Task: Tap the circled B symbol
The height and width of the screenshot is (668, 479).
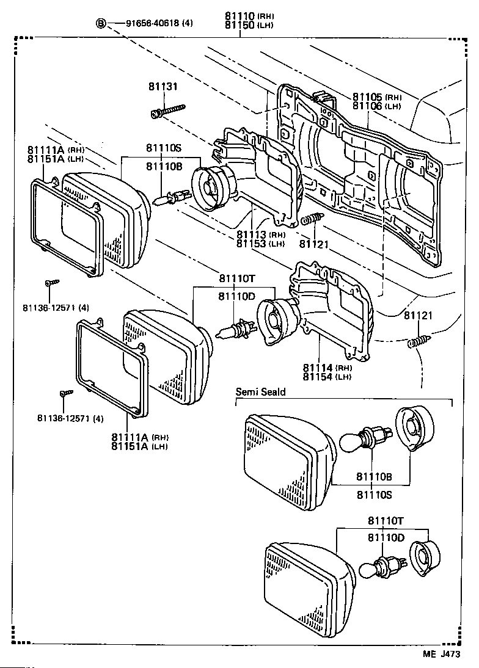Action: coord(101,24)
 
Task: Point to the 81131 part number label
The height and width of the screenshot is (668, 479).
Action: coord(162,87)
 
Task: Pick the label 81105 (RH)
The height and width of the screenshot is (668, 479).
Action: coord(376,97)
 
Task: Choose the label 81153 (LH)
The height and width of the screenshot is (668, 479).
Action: coord(260,244)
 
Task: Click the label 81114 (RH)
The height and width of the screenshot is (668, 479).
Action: coord(327,368)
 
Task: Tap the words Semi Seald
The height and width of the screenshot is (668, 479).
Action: coord(261,392)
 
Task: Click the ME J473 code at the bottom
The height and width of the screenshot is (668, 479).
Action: coord(441,653)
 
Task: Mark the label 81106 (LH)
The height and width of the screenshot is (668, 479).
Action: coord(376,106)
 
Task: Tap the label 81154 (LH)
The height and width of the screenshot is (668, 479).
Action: coord(327,377)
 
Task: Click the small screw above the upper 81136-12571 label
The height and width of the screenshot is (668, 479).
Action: coord(51,283)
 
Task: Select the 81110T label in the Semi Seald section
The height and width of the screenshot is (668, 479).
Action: coord(386,520)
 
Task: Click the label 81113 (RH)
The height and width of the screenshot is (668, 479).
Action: coord(260,235)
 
